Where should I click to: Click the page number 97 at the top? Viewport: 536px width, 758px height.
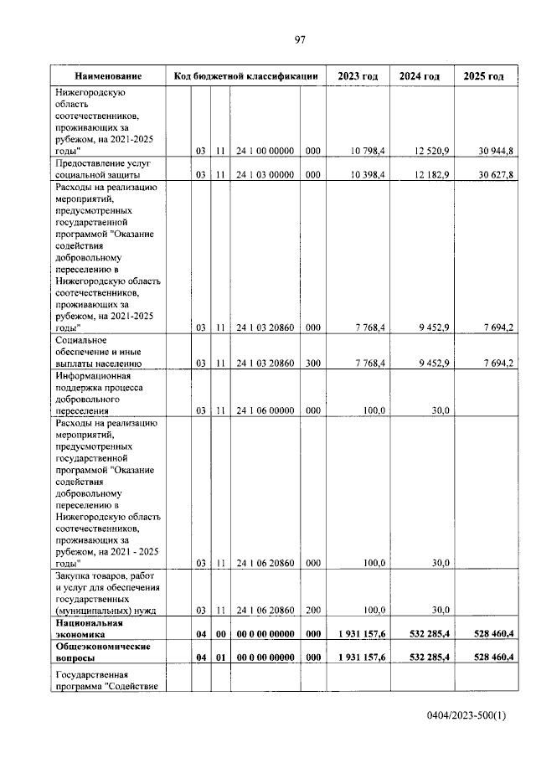tap(299, 39)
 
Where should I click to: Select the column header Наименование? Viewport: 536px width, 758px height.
tap(107, 76)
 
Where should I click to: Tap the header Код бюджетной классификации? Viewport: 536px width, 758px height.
tap(245, 76)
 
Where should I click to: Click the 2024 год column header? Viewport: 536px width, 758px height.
tap(420, 76)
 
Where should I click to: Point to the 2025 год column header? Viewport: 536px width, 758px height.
tap(483, 76)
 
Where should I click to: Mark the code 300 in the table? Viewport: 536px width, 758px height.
tap(312, 364)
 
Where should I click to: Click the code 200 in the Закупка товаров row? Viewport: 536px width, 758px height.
tap(312, 610)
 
